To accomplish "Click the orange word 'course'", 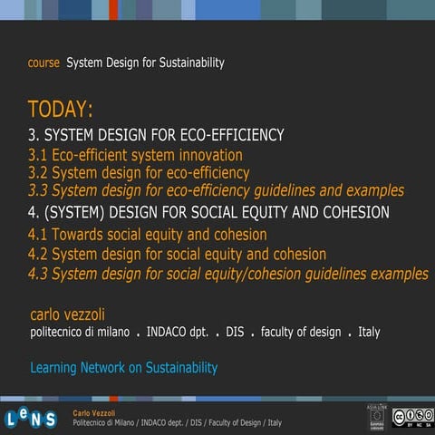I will click(43, 63).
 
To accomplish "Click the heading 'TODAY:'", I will click(60, 111).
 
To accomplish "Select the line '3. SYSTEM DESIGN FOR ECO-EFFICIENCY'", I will click(156, 136).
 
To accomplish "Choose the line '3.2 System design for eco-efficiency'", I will click(139, 172).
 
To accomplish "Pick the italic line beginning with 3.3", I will click(216, 191).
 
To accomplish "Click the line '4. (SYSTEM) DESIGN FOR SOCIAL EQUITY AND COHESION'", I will click(208, 213).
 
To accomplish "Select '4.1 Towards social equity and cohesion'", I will click(147, 235).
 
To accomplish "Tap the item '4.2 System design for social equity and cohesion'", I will click(177, 255).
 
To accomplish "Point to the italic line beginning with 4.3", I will click(228, 274).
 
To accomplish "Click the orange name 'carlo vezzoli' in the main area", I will click(67, 314).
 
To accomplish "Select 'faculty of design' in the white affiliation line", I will click(301, 333).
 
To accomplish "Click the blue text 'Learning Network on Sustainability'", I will click(123, 368).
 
